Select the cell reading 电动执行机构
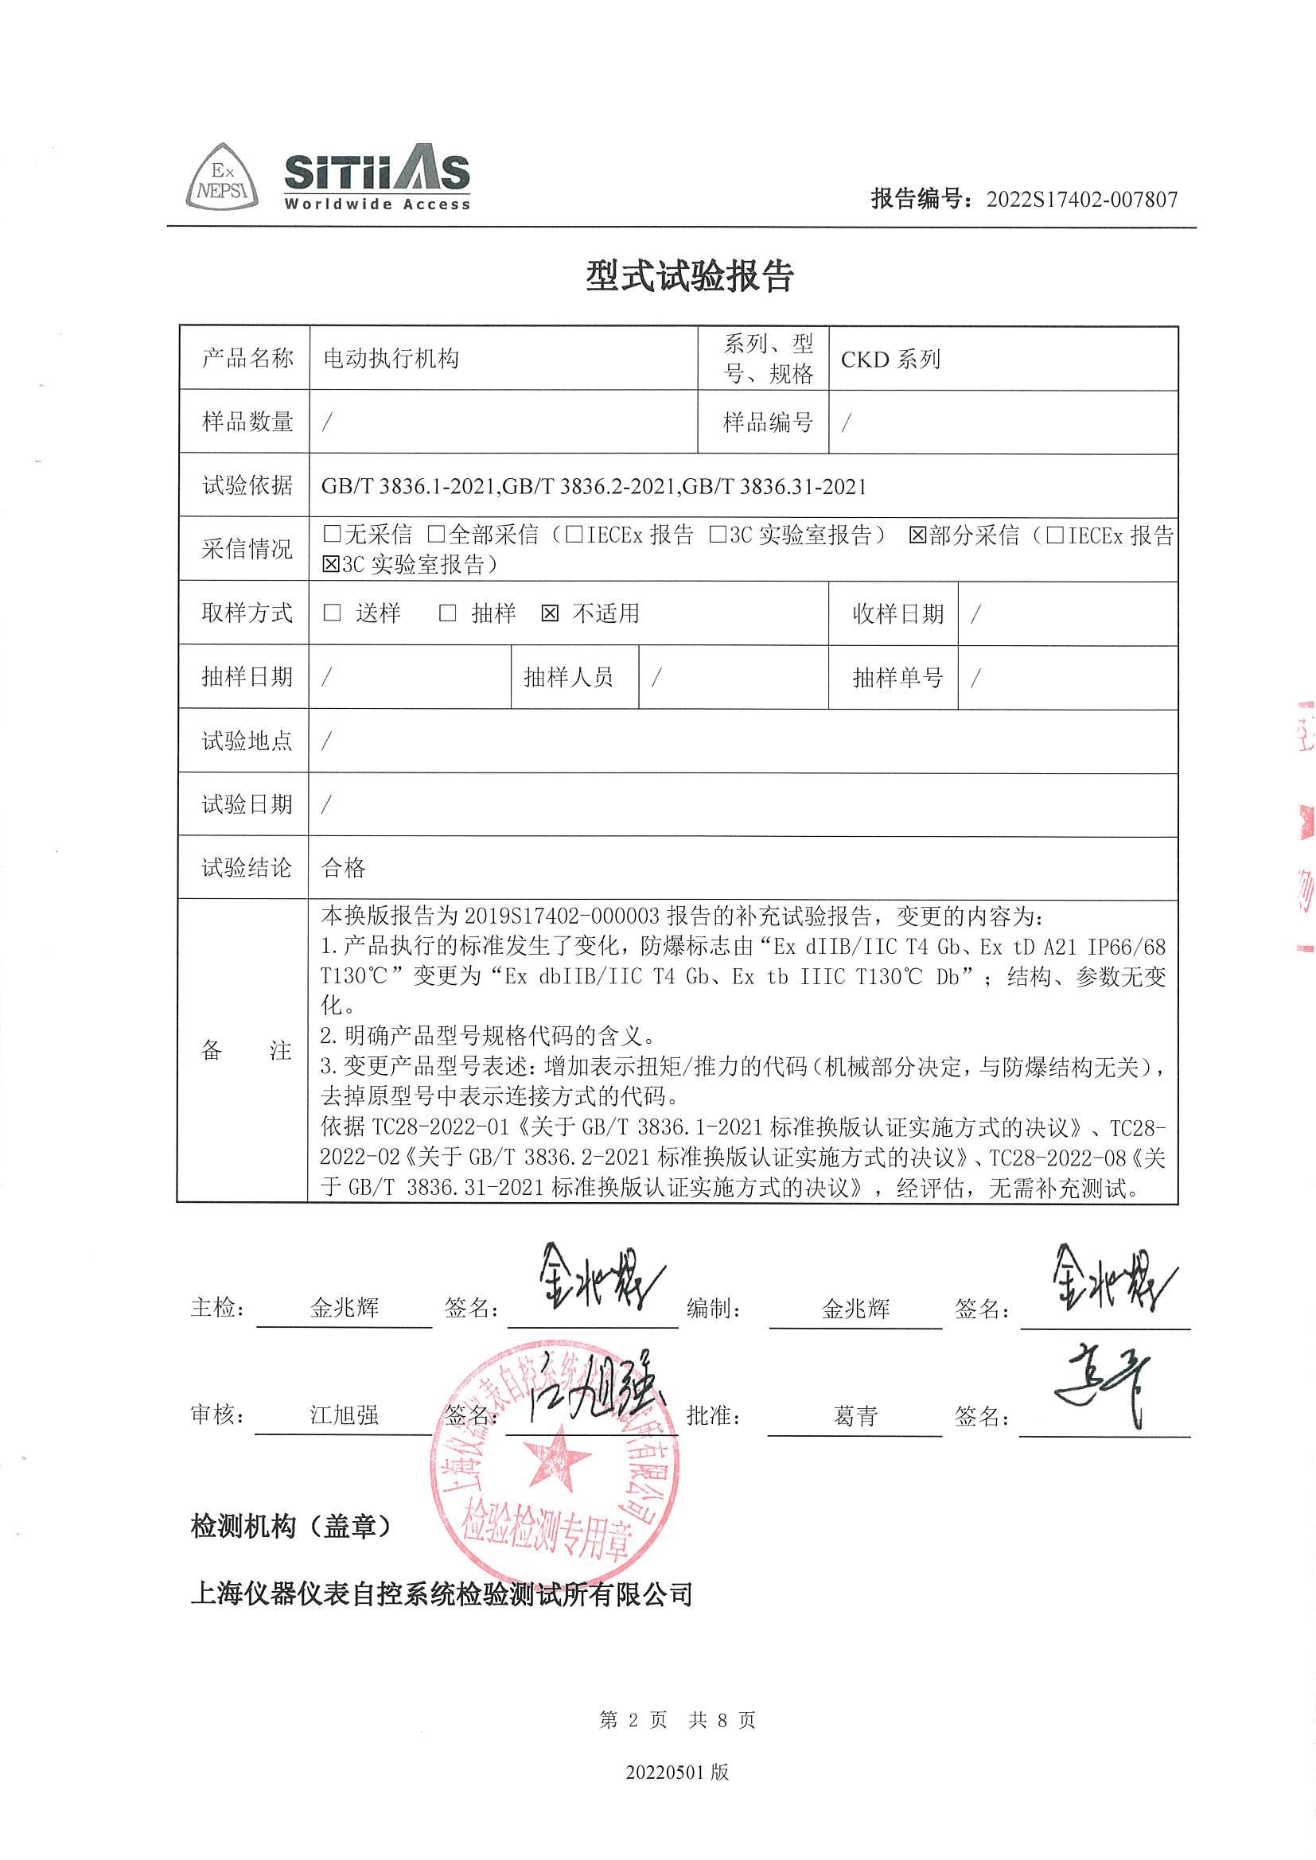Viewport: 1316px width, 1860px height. [391, 359]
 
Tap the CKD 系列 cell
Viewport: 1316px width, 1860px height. [890, 359]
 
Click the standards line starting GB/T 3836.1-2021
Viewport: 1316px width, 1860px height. [594, 486]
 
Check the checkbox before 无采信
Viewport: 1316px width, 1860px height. [332, 534]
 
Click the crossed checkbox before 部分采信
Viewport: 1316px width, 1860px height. [917, 535]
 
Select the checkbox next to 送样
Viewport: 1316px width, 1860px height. [333, 613]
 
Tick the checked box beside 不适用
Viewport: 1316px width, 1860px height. [551, 613]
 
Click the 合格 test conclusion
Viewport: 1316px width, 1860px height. [345, 869]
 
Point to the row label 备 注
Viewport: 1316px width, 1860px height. [245, 1051]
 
